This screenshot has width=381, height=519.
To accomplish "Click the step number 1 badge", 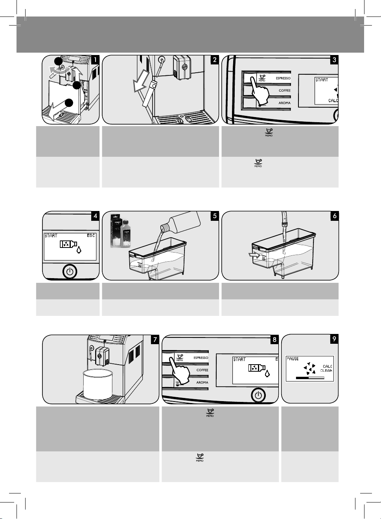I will pyautogui.click(x=95, y=60).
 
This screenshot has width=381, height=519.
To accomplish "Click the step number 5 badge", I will pyautogui.click(x=214, y=216).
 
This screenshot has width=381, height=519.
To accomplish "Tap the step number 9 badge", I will pyautogui.click(x=334, y=339).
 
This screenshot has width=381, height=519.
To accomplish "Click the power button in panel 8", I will pyautogui.click(x=258, y=396).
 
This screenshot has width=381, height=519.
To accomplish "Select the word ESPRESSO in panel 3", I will pyautogui.click(x=283, y=78).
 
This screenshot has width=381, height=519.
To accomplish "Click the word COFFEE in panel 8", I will pyautogui.click(x=202, y=370).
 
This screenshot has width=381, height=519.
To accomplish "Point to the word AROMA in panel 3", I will pyautogui.click(x=284, y=103).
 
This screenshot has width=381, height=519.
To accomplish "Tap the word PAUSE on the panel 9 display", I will pyautogui.click(x=293, y=359).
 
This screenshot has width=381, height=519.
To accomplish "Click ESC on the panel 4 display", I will pyautogui.click(x=91, y=236).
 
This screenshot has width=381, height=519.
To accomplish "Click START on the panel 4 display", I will pyautogui.click(x=51, y=236).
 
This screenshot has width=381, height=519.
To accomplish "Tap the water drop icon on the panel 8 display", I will pyautogui.click(x=267, y=374).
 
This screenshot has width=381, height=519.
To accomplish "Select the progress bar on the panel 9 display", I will pyautogui.click(x=310, y=378).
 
